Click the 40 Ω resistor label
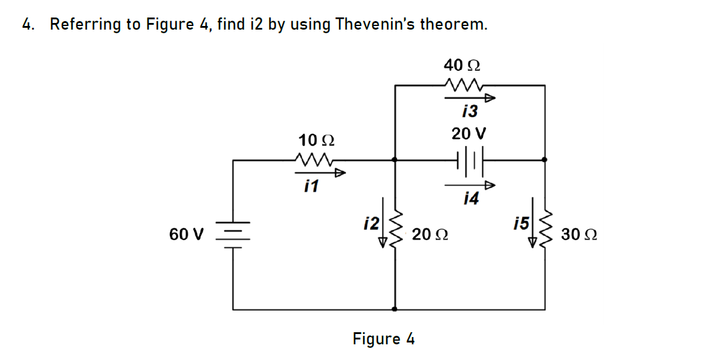tap(462, 65)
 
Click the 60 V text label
tap(187, 234)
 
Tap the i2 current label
tap(371, 222)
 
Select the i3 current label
tap(468, 111)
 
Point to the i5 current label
tap(521, 222)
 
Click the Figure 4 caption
tap(384, 339)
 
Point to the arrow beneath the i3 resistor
tap(471, 98)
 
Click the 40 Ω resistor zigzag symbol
tap(462, 85)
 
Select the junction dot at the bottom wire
tap(396, 309)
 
